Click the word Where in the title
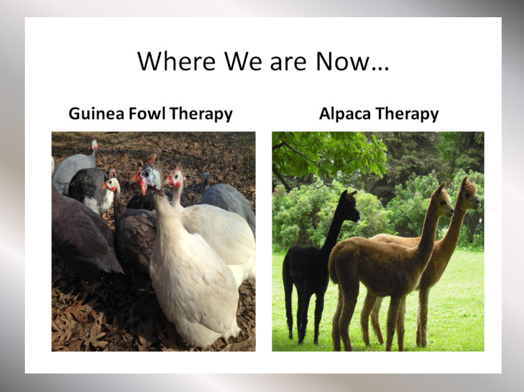point(176,61)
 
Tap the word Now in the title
point(343,61)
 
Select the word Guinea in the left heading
point(96,114)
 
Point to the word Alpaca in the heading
point(345,114)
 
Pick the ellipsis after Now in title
point(380,67)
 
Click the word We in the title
point(243,61)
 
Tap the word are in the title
point(288,64)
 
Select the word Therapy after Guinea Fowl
point(201,114)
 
